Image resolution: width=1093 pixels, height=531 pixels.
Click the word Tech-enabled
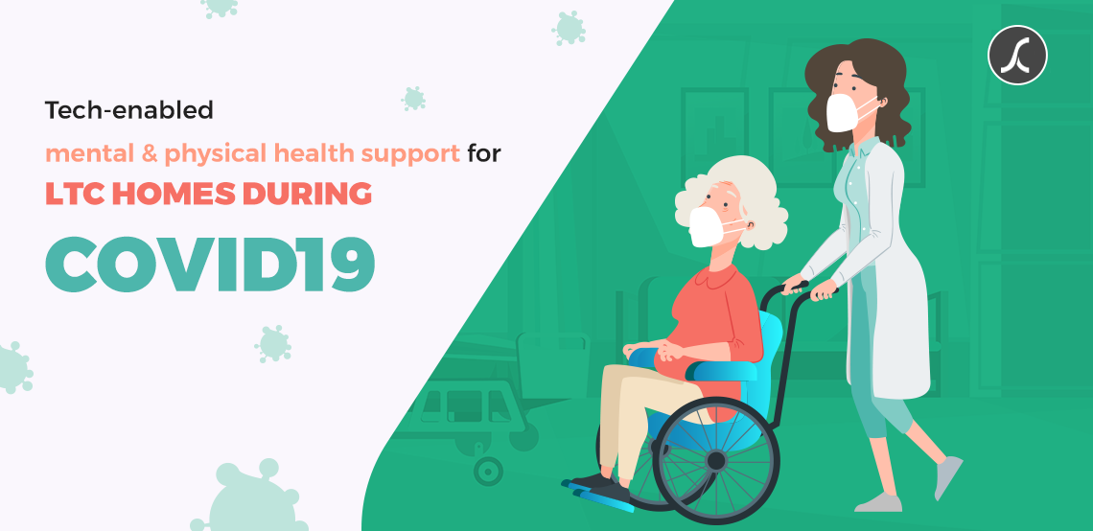pyautogui.click(x=129, y=110)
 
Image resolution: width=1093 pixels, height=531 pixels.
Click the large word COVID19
pyautogui.click(x=210, y=265)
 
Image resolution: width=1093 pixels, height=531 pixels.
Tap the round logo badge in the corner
pyautogui.click(x=1017, y=55)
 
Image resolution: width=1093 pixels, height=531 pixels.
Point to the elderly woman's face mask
pyautogui.click(x=708, y=226)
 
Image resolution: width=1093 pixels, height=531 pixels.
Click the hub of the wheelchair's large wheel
pyautogui.click(x=716, y=461)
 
